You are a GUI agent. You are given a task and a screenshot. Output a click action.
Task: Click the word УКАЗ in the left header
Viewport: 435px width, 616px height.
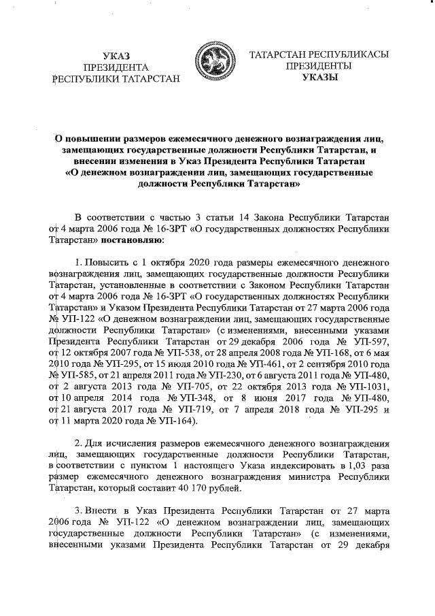115,55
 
